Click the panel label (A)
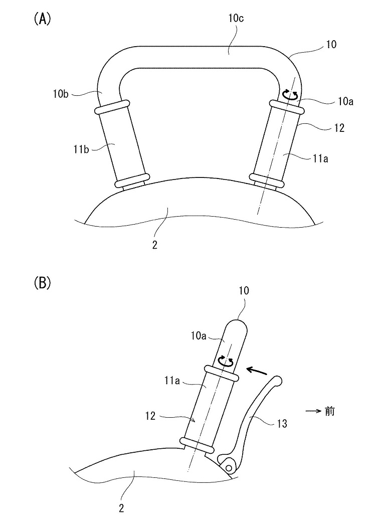[x=42, y=20]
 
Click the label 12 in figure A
[x=339, y=128]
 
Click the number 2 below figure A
[x=156, y=246]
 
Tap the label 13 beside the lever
[x=282, y=424]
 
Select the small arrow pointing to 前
[x=313, y=412]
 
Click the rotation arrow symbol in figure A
[x=290, y=94]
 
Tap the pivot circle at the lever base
[x=229, y=468]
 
